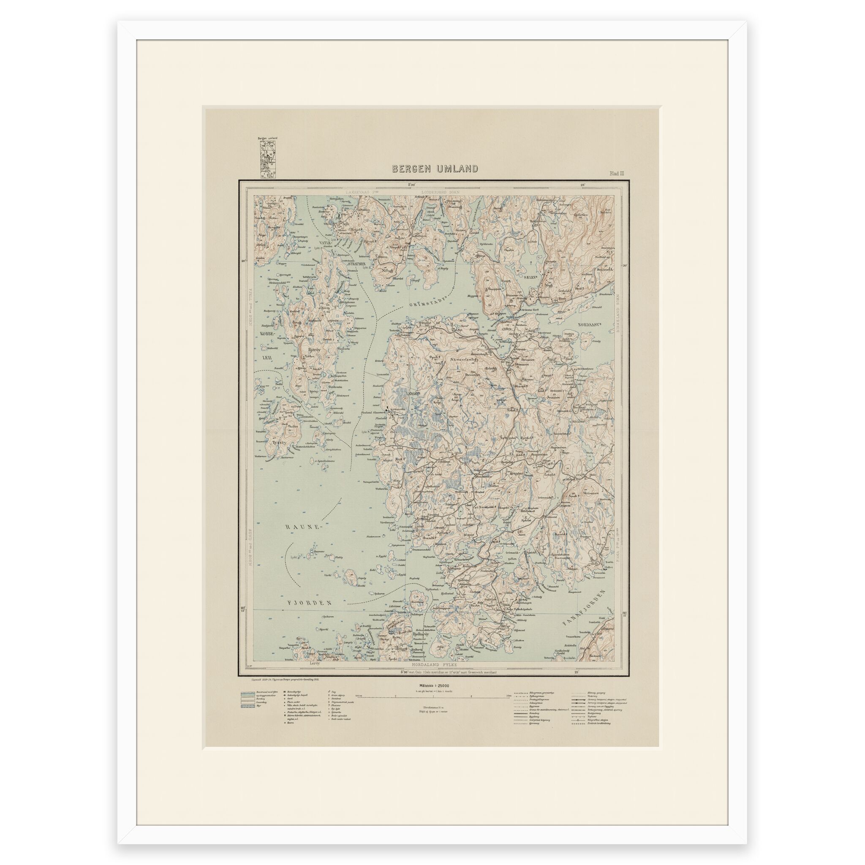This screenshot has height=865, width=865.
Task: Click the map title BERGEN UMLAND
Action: tap(435, 169)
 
